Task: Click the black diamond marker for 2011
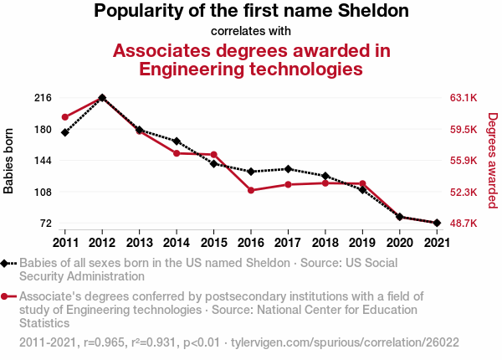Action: click(64, 132)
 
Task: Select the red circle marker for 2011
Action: click(64, 117)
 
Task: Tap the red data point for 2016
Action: click(250, 190)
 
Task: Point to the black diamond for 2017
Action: click(288, 169)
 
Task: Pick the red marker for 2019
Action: click(362, 183)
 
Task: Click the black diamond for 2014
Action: click(177, 141)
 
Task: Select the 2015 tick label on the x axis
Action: click(213, 243)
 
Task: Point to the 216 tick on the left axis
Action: click(43, 98)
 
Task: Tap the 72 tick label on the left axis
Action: click(45, 224)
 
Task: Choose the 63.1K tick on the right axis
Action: click(464, 98)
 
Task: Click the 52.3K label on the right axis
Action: click(464, 193)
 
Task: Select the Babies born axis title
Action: click(9, 161)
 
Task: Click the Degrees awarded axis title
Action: click(493, 161)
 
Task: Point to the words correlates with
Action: click(251, 31)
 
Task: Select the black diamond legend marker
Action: click(7, 263)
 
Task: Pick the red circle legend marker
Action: click(7, 296)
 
